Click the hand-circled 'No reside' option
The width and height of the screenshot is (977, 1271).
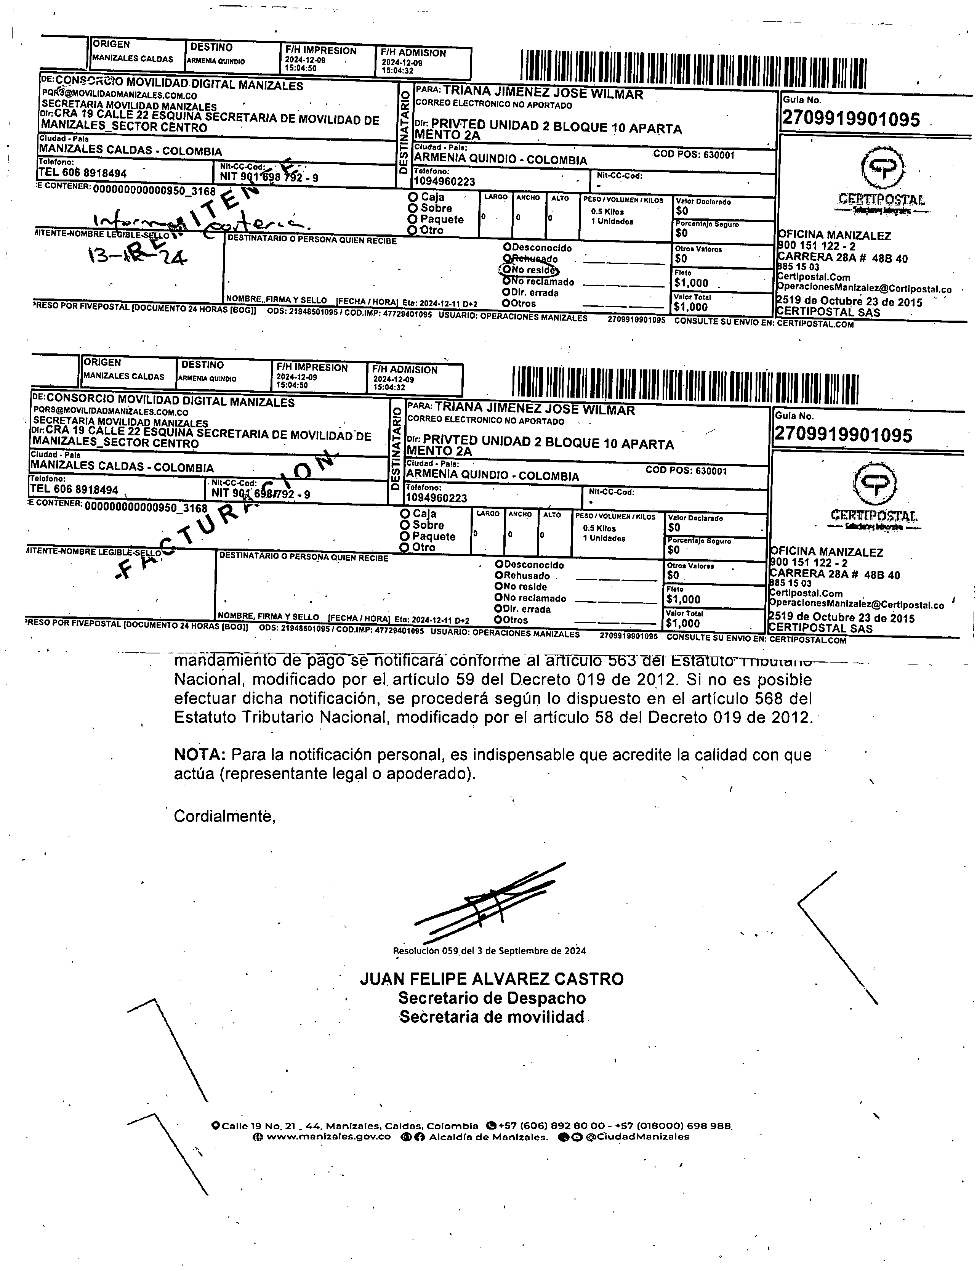pyautogui.click(x=528, y=270)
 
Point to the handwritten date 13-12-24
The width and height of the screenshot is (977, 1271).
pyautogui.click(x=137, y=254)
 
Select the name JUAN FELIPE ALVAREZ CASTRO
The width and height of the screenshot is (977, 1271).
pyautogui.click(x=492, y=979)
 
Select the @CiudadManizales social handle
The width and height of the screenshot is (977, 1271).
pyautogui.click(x=637, y=1137)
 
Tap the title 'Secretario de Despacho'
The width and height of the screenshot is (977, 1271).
pyautogui.click(x=492, y=998)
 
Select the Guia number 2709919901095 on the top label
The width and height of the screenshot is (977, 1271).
pyautogui.click(x=851, y=119)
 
